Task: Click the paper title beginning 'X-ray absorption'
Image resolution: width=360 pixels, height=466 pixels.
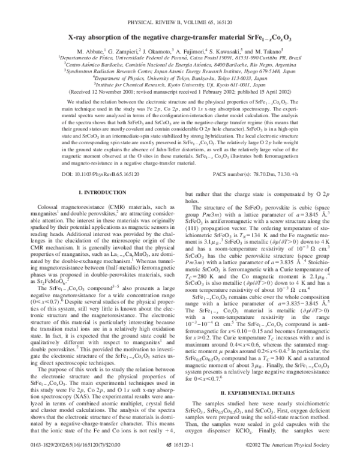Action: click(x=180, y=37)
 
